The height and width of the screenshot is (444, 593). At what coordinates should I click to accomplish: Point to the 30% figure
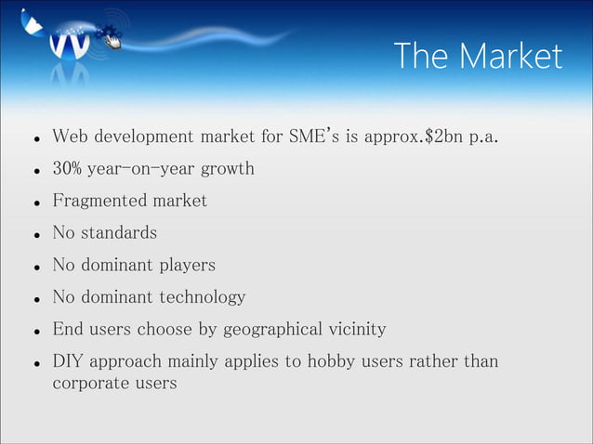click(69, 170)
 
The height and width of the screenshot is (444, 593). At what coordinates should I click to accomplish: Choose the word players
click(184, 265)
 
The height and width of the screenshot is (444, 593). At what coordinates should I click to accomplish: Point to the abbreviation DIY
click(68, 360)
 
